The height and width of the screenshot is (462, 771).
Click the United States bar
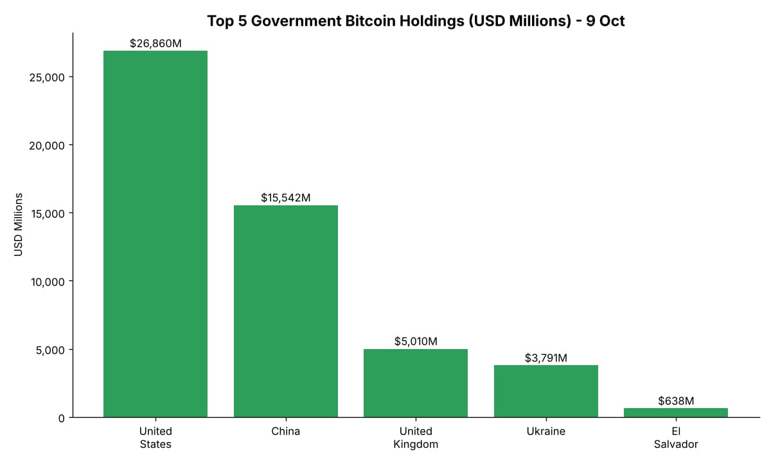click(x=155, y=234)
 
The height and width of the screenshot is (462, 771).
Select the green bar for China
click(x=286, y=311)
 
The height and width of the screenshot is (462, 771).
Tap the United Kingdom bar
click(x=416, y=383)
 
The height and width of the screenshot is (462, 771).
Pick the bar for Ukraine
click(x=546, y=391)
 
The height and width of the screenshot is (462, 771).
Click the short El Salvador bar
click(x=676, y=413)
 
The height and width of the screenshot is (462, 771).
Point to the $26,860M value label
click(x=155, y=44)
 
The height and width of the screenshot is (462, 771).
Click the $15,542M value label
click(x=286, y=198)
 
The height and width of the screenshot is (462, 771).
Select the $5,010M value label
click(x=416, y=341)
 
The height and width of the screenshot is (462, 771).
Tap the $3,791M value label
click(x=546, y=358)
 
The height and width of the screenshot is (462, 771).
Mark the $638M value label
click(x=676, y=401)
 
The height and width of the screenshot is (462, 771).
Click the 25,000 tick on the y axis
click(x=47, y=78)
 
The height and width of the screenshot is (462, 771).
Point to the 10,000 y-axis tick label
click(x=48, y=282)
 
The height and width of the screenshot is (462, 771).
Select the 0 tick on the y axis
click(x=62, y=418)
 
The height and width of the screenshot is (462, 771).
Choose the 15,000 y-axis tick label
click(x=48, y=214)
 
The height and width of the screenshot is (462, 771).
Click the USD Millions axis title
click(x=18, y=225)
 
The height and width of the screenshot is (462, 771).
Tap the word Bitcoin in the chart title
click(x=369, y=21)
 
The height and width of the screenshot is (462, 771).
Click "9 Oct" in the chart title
click(x=605, y=21)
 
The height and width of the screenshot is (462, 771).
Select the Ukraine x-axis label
click(x=546, y=431)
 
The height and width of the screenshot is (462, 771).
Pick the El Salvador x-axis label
click(x=676, y=438)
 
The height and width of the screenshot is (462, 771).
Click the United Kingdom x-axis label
click(x=416, y=438)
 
